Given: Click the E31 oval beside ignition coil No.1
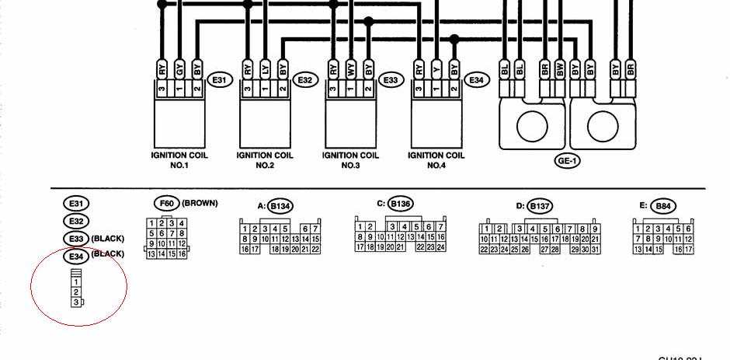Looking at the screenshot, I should pos(220,80).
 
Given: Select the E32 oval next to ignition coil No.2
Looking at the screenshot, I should pos(305,80).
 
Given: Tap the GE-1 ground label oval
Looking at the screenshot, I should pos(567,162).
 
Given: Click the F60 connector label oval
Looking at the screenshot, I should pos(167,204).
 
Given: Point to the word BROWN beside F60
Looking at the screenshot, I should pos(200,204).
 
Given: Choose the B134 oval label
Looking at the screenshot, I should pos(280,206).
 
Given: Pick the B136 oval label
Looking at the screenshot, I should pos(400,204).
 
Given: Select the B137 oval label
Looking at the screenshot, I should pos(540,206).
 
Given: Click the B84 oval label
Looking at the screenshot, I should pos(662,206).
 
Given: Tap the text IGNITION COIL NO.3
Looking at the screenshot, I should pos(351,160).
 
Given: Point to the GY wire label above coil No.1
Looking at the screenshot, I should pos(180,70).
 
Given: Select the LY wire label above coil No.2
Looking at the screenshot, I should pos(266,70).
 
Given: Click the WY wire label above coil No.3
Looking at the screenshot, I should pos(351,70).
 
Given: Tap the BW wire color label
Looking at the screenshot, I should pos(559,70).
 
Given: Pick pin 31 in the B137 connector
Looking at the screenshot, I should pos(596,249).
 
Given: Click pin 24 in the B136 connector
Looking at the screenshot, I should pos(440,246).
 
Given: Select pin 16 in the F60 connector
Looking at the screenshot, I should pos(182,253).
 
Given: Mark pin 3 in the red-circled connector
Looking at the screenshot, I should pos(76,302).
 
